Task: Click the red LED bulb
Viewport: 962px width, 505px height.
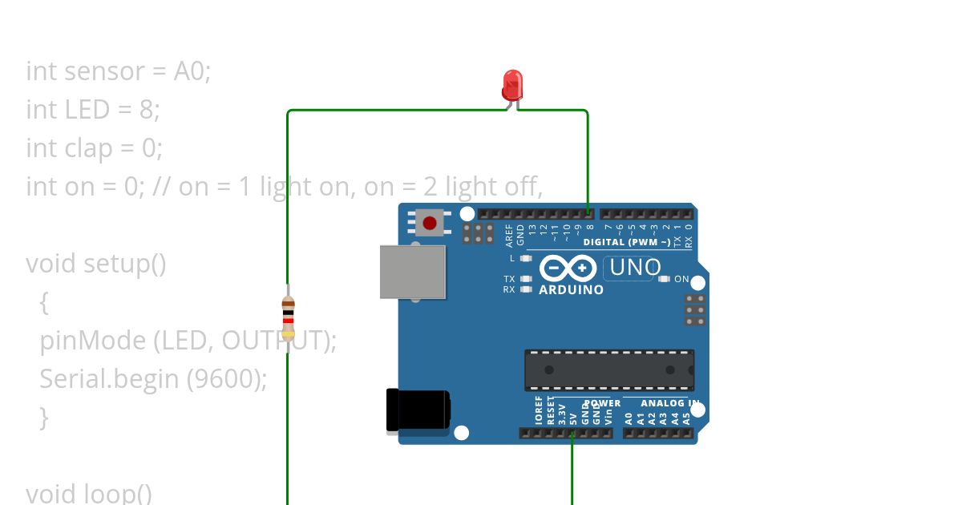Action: pos(512,84)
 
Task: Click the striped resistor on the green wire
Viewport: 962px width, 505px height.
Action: pos(288,319)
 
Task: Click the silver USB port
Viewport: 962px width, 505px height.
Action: pos(413,272)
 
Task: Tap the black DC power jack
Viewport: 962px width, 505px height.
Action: pos(418,410)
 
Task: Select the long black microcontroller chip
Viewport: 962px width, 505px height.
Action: pos(609,370)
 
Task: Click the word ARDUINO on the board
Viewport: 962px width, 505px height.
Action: pos(571,290)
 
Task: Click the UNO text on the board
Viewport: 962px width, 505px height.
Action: pos(636,268)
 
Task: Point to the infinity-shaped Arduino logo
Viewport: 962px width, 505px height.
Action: pos(568,268)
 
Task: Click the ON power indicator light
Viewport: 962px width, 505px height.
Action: pos(664,279)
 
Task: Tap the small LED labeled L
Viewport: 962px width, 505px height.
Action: pos(525,258)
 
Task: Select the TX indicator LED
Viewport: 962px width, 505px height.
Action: pos(525,279)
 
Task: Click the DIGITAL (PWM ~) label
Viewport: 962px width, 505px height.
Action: pos(628,242)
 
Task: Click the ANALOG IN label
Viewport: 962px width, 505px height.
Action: pos(670,403)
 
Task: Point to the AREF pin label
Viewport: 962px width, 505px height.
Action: pos(509,234)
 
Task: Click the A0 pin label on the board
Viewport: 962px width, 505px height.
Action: pos(629,418)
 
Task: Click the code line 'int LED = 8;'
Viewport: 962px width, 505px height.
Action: pos(93,109)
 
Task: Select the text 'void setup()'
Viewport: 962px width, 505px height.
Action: pos(96,263)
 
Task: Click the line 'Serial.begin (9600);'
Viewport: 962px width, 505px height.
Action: pos(153,378)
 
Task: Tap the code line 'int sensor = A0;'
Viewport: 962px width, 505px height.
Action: pos(119,71)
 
